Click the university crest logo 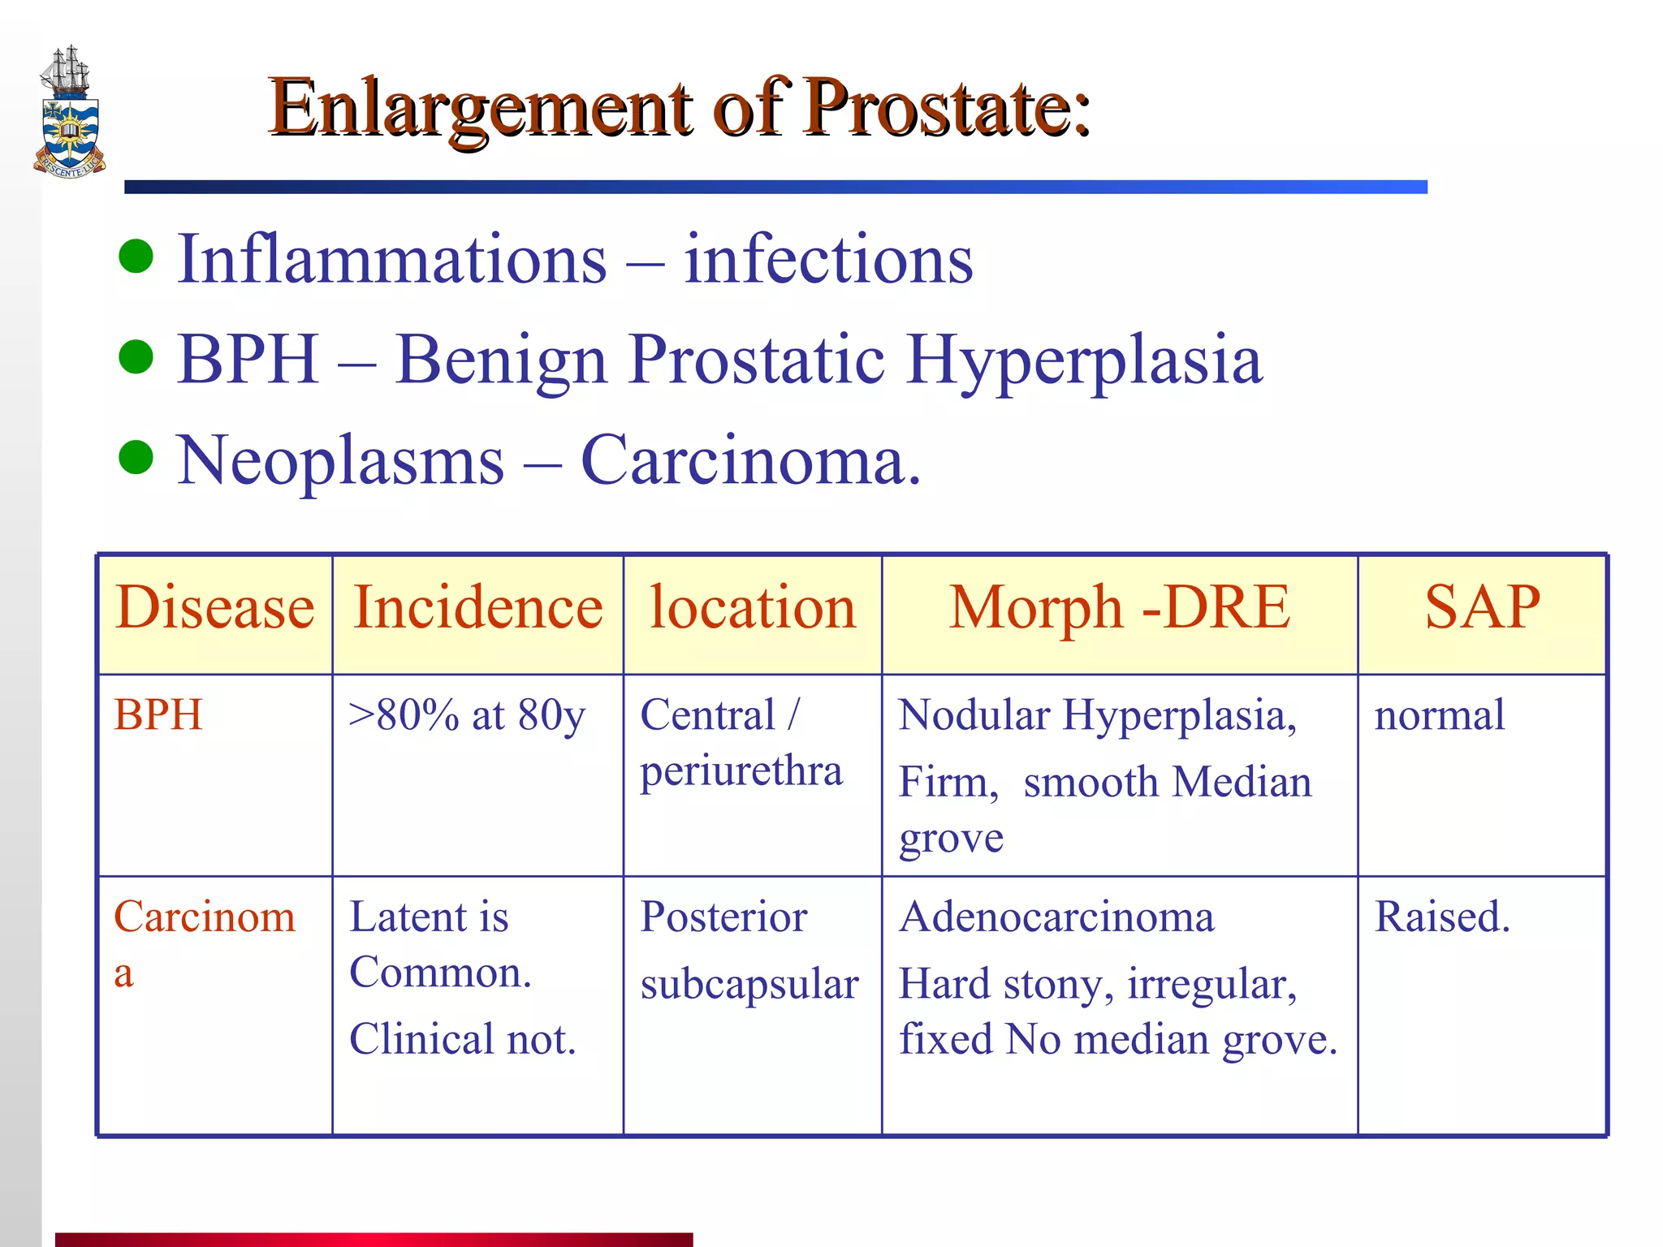click(70, 114)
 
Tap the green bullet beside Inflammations click(136, 257)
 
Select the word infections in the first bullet click(828, 260)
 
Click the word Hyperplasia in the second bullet click(1084, 360)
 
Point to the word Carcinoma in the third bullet click(751, 460)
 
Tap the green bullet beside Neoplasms click(136, 457)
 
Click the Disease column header click(215, 608)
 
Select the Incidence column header click(478, 608)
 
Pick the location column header click(753, 608)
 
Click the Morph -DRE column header click(1119, 608)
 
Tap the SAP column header click(1482, 608)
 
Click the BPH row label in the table click(158, 715)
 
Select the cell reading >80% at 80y click(467, 716)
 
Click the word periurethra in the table click(741, 771)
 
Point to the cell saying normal click(1439, 715)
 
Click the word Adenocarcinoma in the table click(1056, 917)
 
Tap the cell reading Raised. click(1442, 917)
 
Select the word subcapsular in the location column click(749, 985)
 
